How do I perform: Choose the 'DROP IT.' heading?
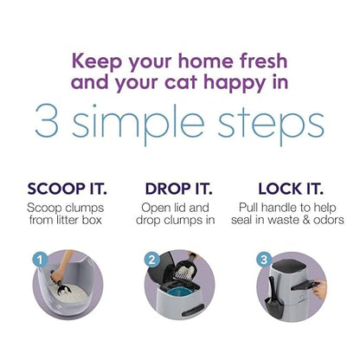[180, 190]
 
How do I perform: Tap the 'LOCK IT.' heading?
[293, 190]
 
